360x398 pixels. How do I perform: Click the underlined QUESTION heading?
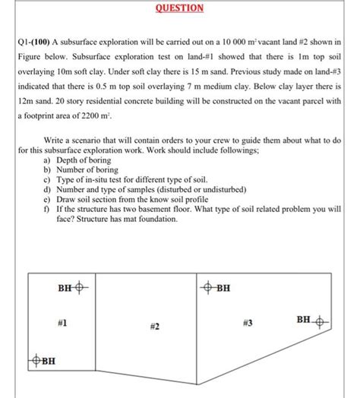pos(180,8)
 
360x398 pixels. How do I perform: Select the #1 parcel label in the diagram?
pos(62,324)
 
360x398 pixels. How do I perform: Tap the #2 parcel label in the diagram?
pos(153,326)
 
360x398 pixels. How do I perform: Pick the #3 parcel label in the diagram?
pos(248,323)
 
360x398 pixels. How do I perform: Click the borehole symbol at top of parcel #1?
pos(81,288)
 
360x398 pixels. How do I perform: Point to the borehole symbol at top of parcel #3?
pos(208,288)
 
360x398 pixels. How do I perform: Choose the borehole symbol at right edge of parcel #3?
pos(321,321)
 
